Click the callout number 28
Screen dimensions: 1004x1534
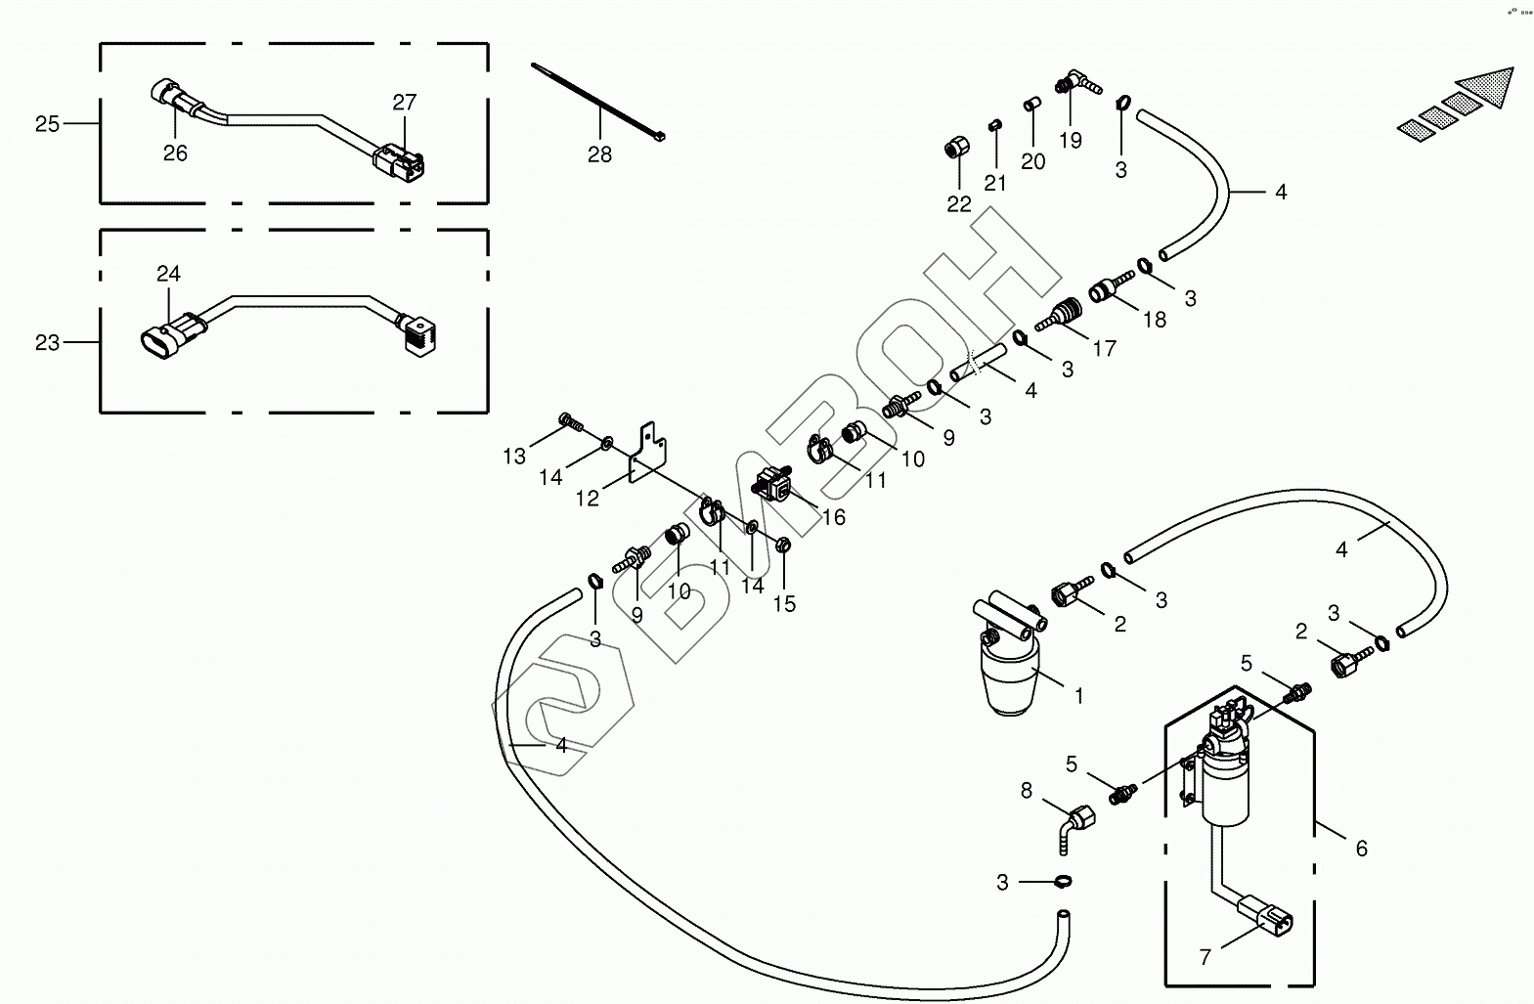coord(599,154)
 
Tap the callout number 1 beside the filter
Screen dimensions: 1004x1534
coord(1078,696)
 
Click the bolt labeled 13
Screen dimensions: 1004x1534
coord(570,422)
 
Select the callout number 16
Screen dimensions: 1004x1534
coord(834,517)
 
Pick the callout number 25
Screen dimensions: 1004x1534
coord(47,124)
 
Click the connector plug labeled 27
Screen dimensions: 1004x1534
coord(402,162)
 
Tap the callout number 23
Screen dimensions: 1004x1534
coord(47,343)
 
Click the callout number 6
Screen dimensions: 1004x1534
coord(1361,850)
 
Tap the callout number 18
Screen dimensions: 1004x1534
coord(1155,320)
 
